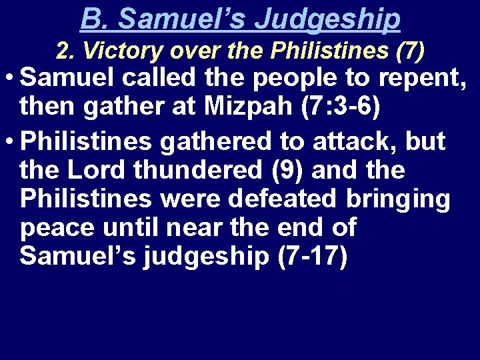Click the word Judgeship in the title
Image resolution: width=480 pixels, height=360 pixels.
[327, 19]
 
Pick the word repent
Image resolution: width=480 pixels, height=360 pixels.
[419, 79]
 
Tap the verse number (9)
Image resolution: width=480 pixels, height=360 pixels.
[285, 170]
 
